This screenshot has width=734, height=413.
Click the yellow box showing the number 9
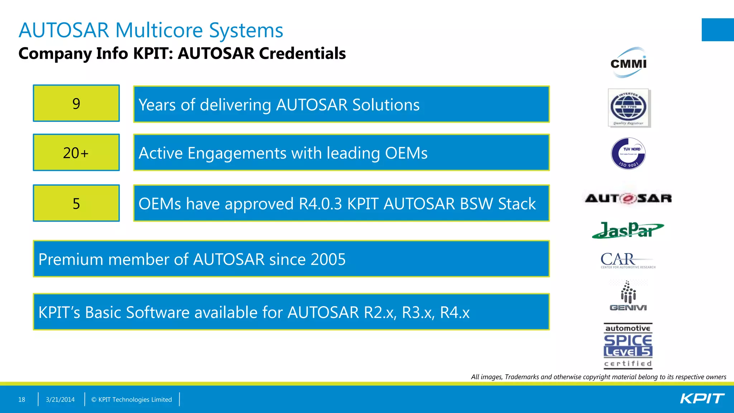click(76, 103)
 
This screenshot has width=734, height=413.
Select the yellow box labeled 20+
click(76, 153)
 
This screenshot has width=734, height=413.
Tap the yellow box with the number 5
click(76, 203)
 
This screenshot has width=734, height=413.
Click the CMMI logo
click(628, 63)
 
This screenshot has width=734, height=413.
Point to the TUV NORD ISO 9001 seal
click(628, 154)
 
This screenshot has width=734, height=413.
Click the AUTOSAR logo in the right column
click(628, 198)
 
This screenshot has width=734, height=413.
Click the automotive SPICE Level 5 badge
click(628, 346)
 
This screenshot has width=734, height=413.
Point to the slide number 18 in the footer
click(22, 399)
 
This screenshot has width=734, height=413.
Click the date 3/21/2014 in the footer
click(60, 399)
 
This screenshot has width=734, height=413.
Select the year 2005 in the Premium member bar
click(328, 259)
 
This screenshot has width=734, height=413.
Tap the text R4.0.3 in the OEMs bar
click(320, 204)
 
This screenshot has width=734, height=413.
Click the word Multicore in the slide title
click(159, 30)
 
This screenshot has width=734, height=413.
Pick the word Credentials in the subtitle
click(302, 53)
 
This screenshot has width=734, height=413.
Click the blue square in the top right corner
click(718, 30)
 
